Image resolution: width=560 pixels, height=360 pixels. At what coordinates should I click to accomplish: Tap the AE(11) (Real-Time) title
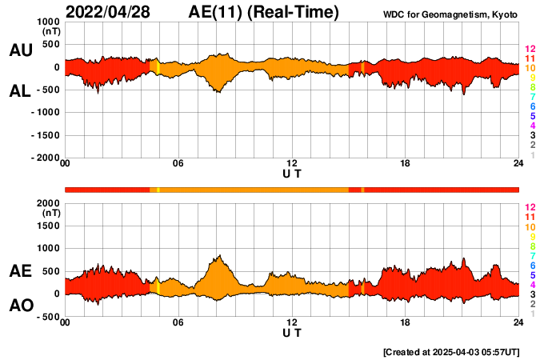[x=264, y=12]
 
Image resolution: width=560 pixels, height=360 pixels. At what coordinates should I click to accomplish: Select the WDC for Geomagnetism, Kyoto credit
[x=450, y=14]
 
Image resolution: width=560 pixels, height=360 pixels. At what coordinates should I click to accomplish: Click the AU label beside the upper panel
[x=21, y=50]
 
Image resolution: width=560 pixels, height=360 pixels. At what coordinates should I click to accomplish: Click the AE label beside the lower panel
[x=21, y=272]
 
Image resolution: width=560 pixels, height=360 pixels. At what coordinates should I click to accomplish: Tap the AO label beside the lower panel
[x=21, y=306]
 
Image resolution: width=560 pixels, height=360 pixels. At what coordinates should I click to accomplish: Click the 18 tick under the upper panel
[x=406, y=164]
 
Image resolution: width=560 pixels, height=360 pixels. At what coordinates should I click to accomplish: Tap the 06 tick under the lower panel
[x=178, y=322]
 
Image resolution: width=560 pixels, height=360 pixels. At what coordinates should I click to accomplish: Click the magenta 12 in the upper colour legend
[x=529, y=49]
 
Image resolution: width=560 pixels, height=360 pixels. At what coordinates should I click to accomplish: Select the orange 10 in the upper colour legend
[x=529, y=68]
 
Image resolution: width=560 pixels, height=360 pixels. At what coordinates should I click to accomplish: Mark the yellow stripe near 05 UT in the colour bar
[x=158, y=189]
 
